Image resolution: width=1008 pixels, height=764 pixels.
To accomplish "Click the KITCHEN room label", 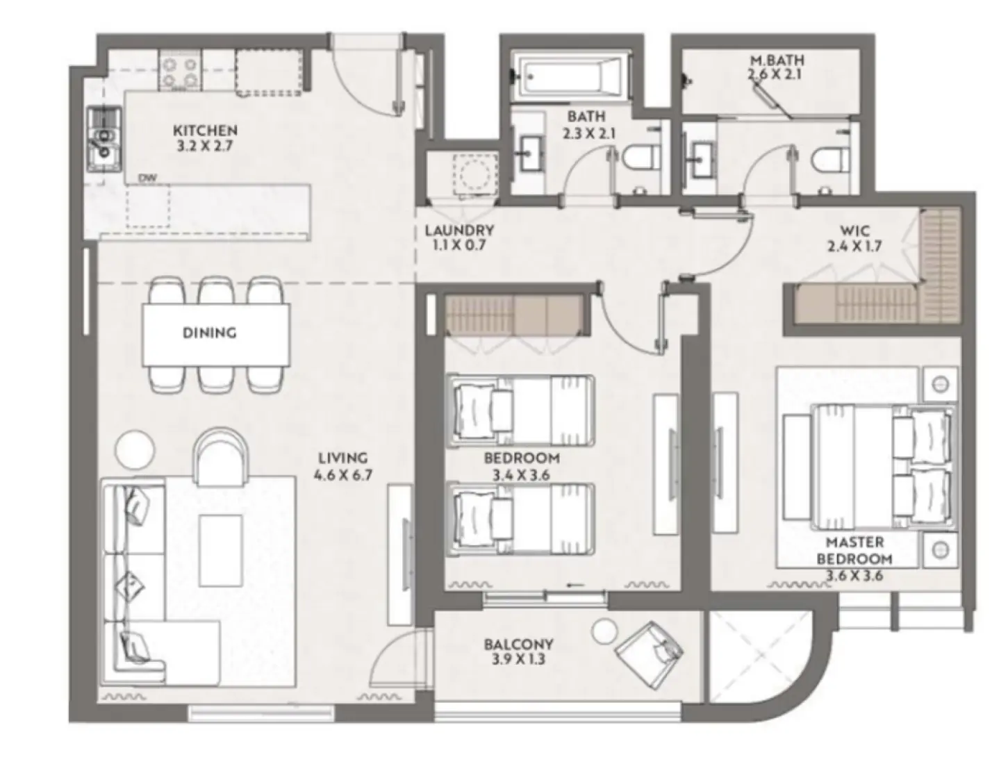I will [x=205, y=138].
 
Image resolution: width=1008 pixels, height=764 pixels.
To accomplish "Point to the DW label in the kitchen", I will [x=147, y=178].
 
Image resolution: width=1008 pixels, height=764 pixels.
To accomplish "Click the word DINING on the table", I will [x=209, y=333].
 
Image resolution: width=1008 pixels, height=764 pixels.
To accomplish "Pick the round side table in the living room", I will [x=134, y=449].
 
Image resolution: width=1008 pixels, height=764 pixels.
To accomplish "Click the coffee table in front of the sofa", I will [x=220, y=550].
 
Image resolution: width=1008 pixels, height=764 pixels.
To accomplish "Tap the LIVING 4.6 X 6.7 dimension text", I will [x=342, y=466].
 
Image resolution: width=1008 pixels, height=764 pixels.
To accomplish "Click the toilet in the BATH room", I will [x=638, y=158].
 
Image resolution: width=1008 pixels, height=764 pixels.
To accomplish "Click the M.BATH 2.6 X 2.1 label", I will [x=777, y=67].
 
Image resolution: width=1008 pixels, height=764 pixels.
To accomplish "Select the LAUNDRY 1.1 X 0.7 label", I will [x=459, y=237].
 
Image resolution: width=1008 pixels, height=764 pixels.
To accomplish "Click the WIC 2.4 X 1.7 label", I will [x=854, y=238].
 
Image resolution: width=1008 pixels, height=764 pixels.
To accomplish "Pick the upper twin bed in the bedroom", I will [x=521, y=410].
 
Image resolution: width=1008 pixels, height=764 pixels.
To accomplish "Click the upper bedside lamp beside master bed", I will [x=940, y=383].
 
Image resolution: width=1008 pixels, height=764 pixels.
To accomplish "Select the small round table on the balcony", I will [x=604, y=631].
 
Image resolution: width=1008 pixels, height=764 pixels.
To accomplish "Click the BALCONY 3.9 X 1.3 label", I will [x=518, y=651].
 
